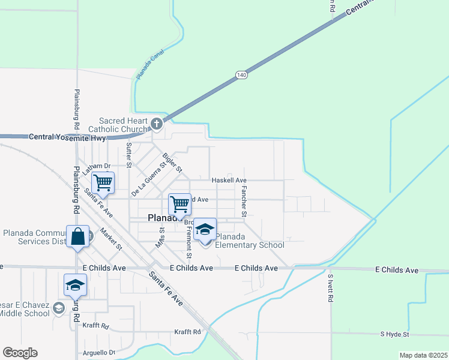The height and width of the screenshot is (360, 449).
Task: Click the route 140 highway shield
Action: [241, 74]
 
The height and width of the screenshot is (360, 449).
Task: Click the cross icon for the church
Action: [156, 125]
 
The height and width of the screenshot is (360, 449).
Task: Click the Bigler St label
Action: [172, 163]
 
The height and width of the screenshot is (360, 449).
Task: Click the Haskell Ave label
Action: [229, 180]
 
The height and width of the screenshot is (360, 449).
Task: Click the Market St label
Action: [111, 239]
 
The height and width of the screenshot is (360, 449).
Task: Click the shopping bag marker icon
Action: [79, 236]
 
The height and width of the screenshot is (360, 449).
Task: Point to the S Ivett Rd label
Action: [330, 289]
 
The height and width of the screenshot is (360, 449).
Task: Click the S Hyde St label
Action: [394, 334]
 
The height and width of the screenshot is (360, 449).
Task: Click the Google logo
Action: [20, 353]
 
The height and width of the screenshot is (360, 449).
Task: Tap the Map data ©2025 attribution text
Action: [423, 355]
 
